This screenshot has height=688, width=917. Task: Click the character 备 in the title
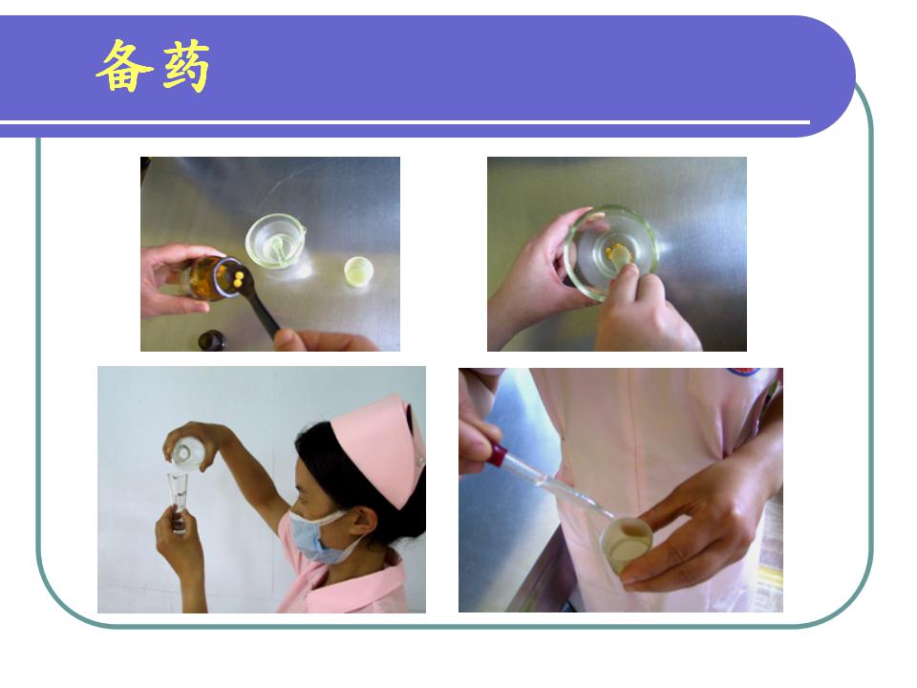pyautogui.click(x=124, y=66)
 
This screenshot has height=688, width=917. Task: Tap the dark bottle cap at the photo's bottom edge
pyautogui.click(x=212, y=341)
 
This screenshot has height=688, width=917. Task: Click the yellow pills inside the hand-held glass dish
pyautogui.click(x=618, y=253)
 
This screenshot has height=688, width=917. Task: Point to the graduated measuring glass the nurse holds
pyautogui.click(x=178, y=500)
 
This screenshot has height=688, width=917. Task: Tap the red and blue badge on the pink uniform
pyautogui.click(x=744, y=372)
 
